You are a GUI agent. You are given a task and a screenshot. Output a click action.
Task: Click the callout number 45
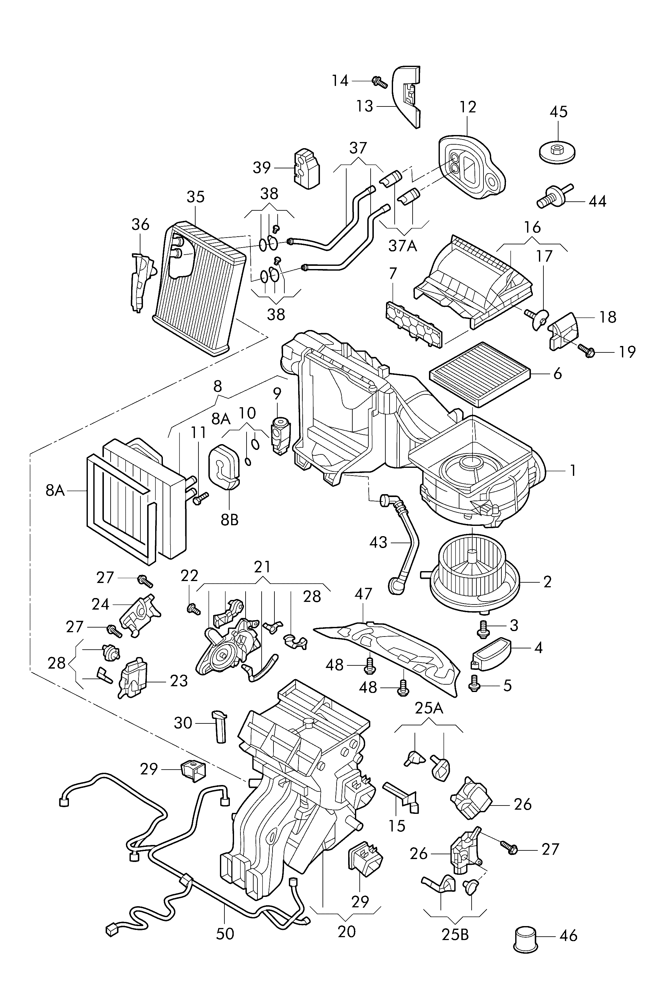558,112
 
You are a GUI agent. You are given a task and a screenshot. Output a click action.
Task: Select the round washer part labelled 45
557,151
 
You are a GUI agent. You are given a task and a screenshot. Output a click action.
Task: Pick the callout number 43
378,543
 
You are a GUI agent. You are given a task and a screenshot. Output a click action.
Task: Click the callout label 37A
403,245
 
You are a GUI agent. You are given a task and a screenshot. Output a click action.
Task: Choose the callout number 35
195,197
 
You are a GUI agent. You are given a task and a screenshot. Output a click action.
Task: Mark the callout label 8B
230,519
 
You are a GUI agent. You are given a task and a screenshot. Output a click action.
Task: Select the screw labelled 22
193,609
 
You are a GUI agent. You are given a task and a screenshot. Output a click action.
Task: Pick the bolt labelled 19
588,350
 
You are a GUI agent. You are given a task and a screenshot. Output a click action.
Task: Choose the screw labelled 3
482,629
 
